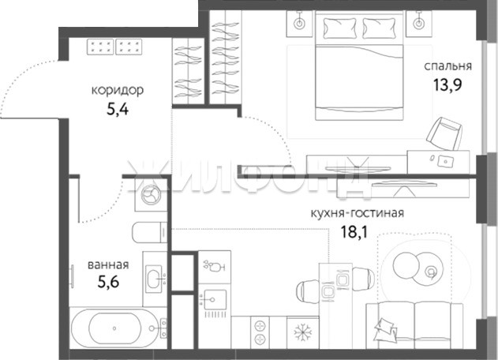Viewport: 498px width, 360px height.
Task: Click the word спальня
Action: point(447,66)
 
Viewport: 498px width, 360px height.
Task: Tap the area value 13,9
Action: point(447,84)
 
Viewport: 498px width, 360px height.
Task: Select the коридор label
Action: point(118,91)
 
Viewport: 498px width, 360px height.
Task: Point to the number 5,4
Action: point(118,109)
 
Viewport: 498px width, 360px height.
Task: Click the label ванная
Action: point(108,264)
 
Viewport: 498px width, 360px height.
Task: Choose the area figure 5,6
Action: point(108,282)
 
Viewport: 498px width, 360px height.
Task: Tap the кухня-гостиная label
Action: point(357,213)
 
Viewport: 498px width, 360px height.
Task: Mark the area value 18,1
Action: point(354,231)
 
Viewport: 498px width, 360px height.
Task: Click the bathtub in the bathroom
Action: point(114,328)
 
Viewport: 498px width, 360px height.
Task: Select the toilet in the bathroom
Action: point(149,232)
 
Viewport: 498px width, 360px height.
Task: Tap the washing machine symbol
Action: point(151,194)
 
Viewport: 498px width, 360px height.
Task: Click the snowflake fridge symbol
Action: point(303,332)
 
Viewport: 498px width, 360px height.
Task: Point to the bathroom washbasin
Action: point(154,279)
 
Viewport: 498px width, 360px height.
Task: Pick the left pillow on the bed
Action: point(339,28)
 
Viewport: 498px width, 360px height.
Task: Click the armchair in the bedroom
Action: point(444,133)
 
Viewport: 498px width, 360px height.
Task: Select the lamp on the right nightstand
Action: point(419,22)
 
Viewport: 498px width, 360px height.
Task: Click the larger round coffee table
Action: point(406,264)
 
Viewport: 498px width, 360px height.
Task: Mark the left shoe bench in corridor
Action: point(100,47)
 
